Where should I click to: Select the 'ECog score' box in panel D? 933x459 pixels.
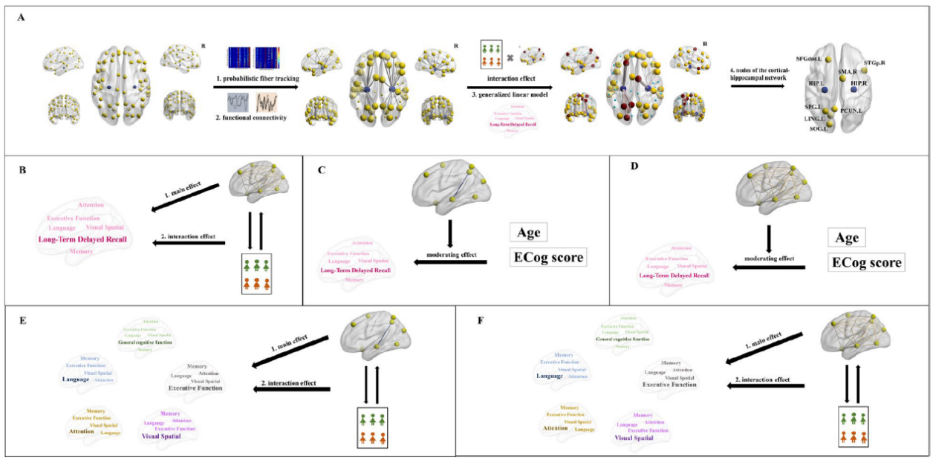865,262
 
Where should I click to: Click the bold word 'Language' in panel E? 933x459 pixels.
76,379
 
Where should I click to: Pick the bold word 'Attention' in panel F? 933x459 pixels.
556,429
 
